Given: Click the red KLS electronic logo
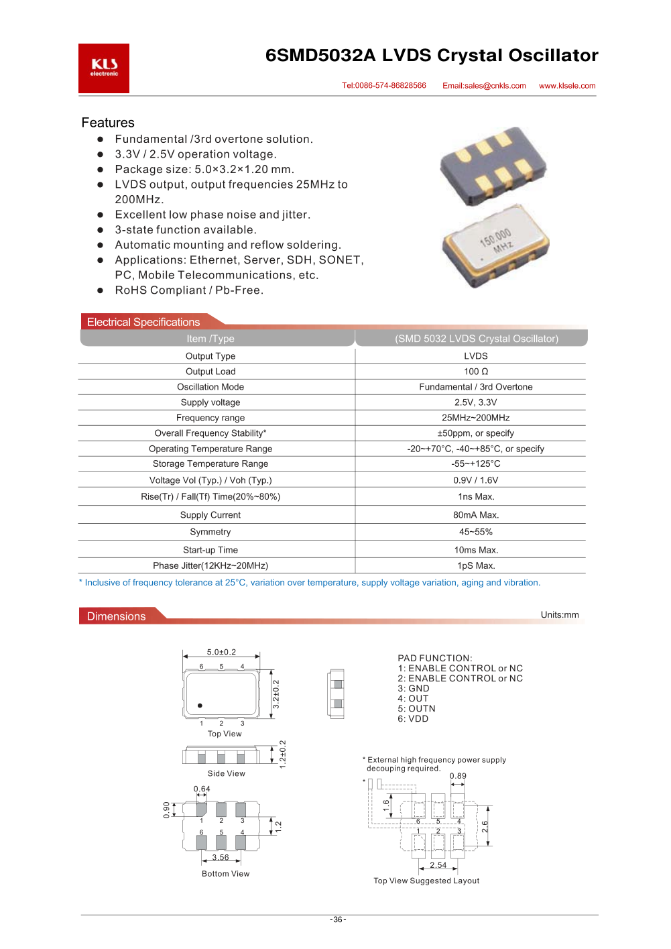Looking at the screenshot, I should click(x=104, y=68).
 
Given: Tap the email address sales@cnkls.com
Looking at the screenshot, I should click(x=484, y=86).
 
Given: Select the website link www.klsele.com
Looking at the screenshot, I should click(x=567, y=86).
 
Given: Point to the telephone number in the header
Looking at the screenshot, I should click(x=384, y=86).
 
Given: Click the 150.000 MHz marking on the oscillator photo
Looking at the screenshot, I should click(x=496, y=241).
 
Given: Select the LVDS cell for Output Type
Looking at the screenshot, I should click(x=476, y=356).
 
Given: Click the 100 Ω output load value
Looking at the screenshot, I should click(x=476, y=372).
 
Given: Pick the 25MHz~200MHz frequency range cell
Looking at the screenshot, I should click(x=476, y=418).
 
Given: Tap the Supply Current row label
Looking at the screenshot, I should click(x=210, y=515).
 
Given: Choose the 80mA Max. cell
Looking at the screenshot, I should click(x=476, y=515).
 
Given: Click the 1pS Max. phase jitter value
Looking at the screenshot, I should click(x=476, y=566).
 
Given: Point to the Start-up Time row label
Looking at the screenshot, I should click(x=210, y=550).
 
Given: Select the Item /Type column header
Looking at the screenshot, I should click(x=210, y=339).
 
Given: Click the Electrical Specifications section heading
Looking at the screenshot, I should click(x=143, y=323).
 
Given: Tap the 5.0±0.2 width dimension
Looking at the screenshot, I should click(x=221, y=652).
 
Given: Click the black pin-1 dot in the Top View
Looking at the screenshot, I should click(x=200, y=706).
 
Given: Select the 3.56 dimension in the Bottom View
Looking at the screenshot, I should click(x=221, y=857).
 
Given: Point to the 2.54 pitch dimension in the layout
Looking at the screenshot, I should click(x=438, y=865).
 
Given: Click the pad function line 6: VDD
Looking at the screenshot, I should click(x=413, y=719).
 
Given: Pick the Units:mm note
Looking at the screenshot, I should click(x=560, y=615).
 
